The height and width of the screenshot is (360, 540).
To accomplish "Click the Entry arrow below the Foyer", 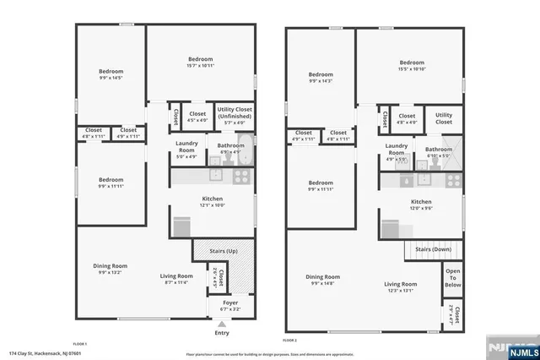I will pyautogui.click(x=222, y=323).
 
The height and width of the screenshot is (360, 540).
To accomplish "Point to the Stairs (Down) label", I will pyautogui.click(x=434, y=249).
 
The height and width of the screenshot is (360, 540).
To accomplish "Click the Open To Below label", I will pyautogui.click(x=452, y=278).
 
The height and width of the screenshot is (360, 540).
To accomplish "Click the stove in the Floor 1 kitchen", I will pyautogui.click(x=240, y=177).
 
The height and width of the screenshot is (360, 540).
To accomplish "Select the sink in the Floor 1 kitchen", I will pyautogui.click(x=215, y=176).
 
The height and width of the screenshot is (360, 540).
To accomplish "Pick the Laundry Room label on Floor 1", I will pyautogui.click(x=186, y=146).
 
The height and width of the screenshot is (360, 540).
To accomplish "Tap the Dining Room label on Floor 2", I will pyautogui.click(x=322, y=276).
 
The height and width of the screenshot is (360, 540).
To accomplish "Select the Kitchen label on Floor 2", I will pyautogui.click(x=421, y=202).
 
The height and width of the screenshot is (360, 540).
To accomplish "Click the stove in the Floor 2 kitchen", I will pyautogui.click(x=454, y=179).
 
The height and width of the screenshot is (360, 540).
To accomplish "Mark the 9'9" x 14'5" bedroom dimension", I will pyautogui.click(x=111, y=78).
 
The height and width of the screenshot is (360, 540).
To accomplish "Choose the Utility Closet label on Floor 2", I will pyautogui.click(x=443, y=118).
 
